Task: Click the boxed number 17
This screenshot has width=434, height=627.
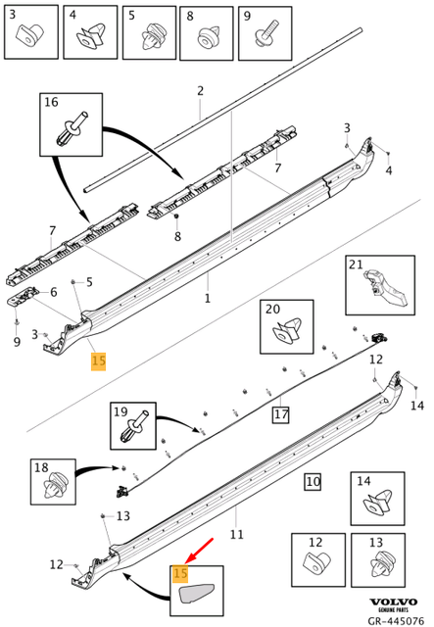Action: tap(281, 415)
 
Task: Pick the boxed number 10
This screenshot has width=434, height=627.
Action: tap(312, 481)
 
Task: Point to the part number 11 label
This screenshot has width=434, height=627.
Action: tap(236, 535)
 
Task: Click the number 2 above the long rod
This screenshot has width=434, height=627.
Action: tap(200, 91)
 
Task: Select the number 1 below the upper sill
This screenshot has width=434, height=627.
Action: tap(207, 296)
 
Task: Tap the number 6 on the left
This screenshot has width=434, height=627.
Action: tap(53, 292)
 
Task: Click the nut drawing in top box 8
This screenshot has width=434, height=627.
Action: tap(208, 38)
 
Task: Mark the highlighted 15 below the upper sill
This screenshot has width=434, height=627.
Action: tap(98, 362)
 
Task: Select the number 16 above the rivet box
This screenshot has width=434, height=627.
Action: tap(51, 102)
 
